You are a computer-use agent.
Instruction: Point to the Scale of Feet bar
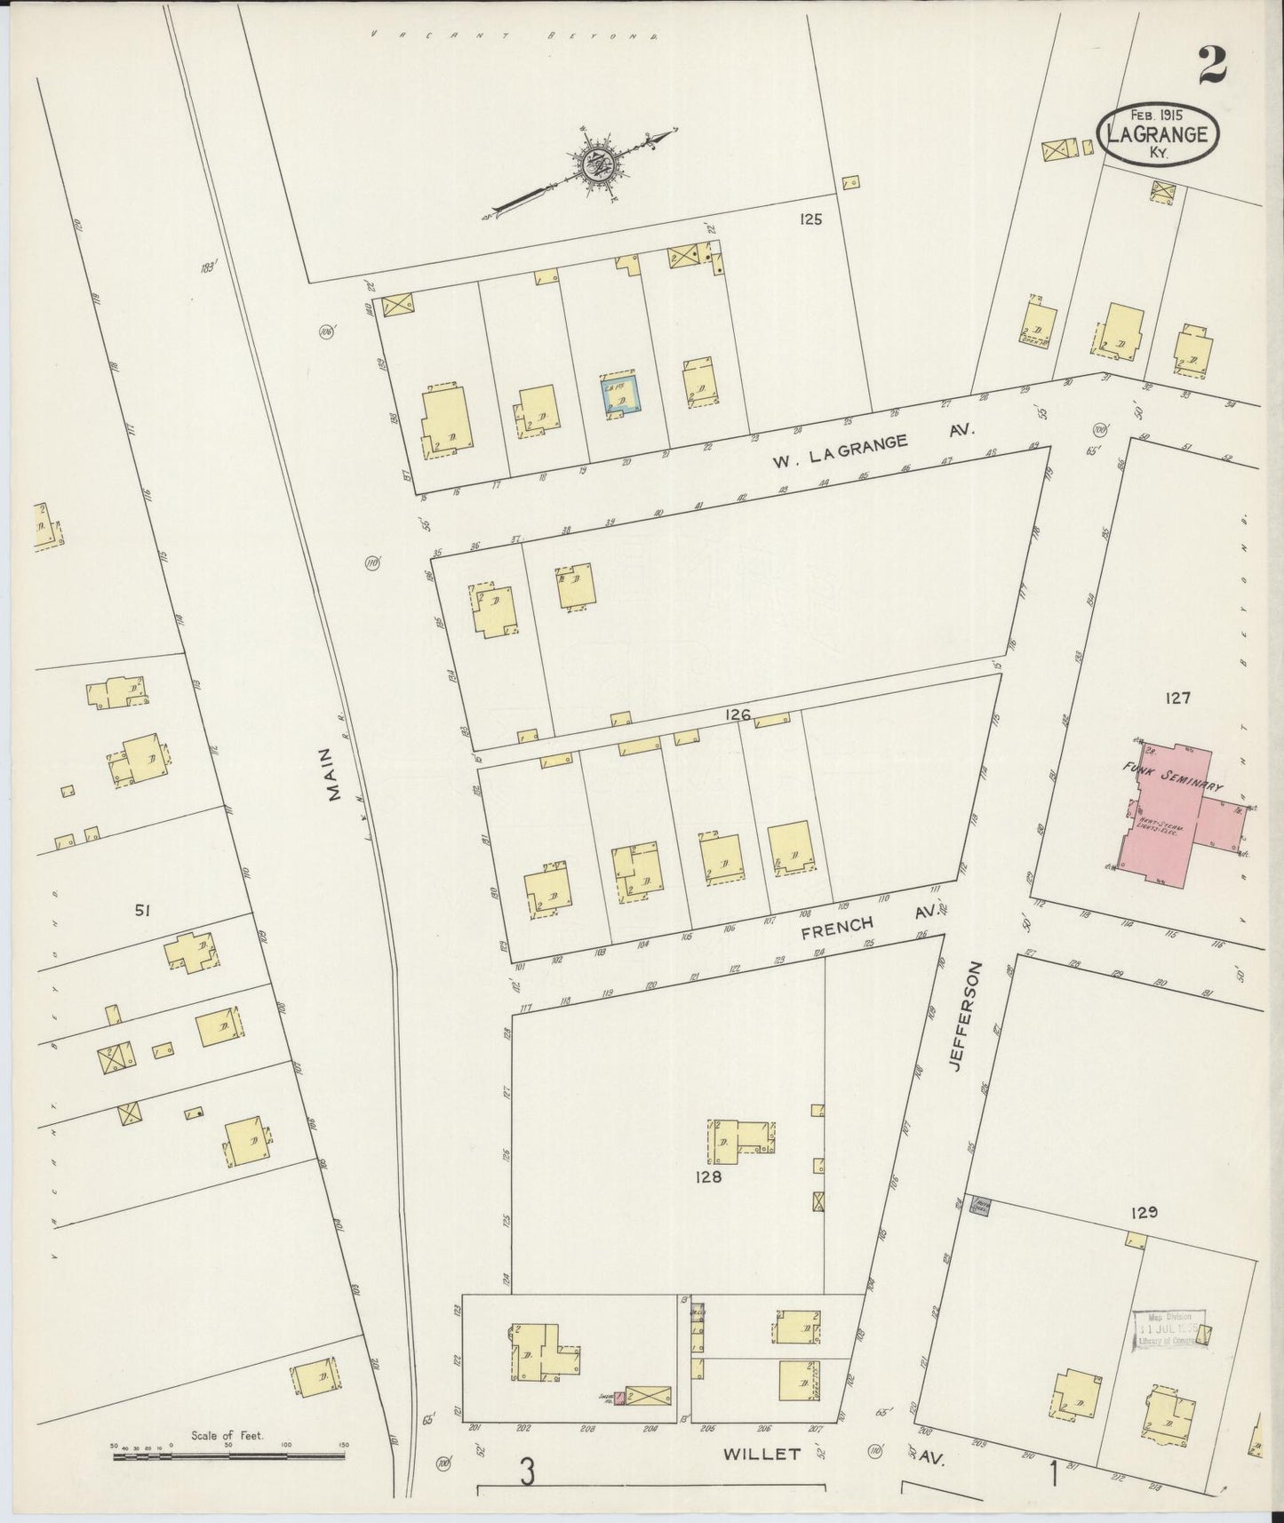tap(228, 1455)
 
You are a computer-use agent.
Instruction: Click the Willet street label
tap(762, 1455)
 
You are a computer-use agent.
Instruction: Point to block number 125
tap(809, 219)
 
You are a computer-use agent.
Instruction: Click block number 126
tap(738, 714)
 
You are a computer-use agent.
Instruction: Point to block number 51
tap(140, 909)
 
